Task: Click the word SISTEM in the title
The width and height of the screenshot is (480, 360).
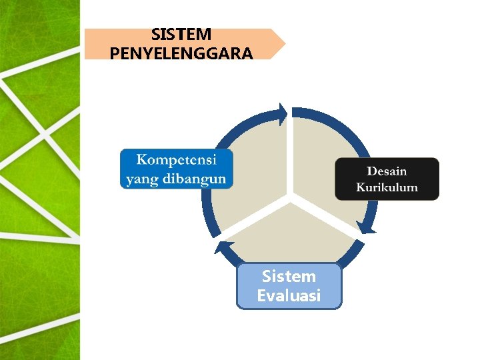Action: click(181, 34)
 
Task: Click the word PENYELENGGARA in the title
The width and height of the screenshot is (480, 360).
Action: click(181, 53)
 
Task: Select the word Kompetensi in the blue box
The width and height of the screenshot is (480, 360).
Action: click(177, 160)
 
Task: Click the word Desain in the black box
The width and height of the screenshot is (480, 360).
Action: click(387, 171)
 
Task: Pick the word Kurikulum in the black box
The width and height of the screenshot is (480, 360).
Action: click(387, 187)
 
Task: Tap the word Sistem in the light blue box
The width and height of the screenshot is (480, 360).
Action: click(289, 276)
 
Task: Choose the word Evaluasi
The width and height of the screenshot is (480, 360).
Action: click(289, 295)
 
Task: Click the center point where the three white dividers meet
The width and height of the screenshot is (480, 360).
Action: click(291, 197)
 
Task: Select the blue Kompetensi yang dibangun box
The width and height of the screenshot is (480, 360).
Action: click(177, 169)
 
